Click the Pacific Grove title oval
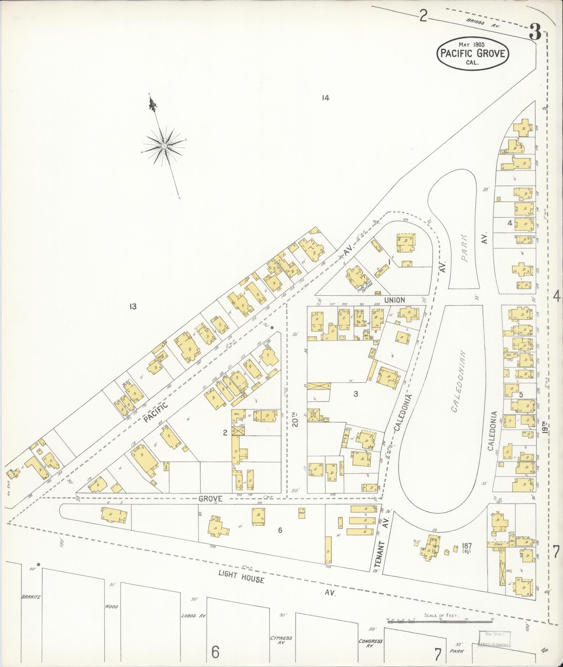coord(473,54)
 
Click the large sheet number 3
coord(535,33)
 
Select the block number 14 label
coord(325,98)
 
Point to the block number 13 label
coord(132,306)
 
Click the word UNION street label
coord(395,300)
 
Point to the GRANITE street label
coord(31,597)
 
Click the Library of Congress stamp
coord(494,639)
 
